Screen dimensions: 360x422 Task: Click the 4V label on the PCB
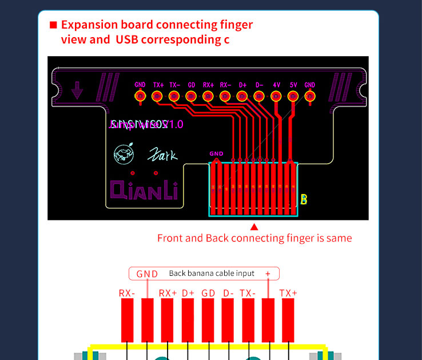click(x=276, y=85)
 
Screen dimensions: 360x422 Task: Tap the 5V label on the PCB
click(x=293, y=85)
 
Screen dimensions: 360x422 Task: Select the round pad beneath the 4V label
click(x=276, y=97)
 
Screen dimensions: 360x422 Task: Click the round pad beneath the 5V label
click(x=293, y=97)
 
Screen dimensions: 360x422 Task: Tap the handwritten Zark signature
click(x=163, y=155)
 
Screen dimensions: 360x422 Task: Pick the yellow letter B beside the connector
click(x=304, y=199)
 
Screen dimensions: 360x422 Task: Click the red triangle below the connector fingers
click(x=254, y=227)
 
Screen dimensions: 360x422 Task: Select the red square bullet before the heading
click(x=53, y=25)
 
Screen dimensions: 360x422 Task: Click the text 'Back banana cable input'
click(x=212, y=273)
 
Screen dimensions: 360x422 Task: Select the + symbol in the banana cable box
click(x=268, y=274)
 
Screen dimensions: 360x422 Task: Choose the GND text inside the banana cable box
click(x=147, y=274)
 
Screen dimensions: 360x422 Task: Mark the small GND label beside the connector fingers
click(x=216, y=153)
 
